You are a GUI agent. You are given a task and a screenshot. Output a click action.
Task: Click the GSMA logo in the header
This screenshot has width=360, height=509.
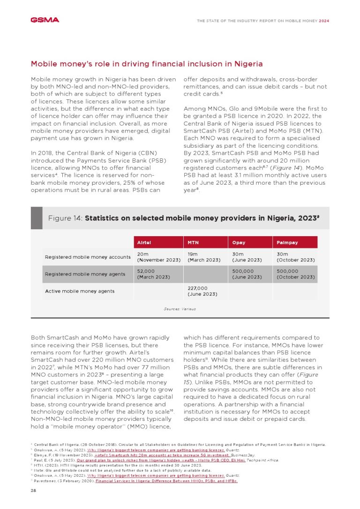45,20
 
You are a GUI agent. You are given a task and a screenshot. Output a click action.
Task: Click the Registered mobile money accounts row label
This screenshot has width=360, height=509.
88,257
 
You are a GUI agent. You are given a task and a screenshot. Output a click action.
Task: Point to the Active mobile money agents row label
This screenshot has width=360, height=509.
79,291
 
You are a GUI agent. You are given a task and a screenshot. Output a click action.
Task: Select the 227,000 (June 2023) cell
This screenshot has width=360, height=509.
204,291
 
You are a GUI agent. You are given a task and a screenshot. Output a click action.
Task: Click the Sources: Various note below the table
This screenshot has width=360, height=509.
180,309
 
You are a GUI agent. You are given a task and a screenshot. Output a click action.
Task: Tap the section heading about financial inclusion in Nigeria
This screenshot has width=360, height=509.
146,64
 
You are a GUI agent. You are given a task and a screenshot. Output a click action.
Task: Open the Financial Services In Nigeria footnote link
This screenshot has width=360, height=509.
166,481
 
